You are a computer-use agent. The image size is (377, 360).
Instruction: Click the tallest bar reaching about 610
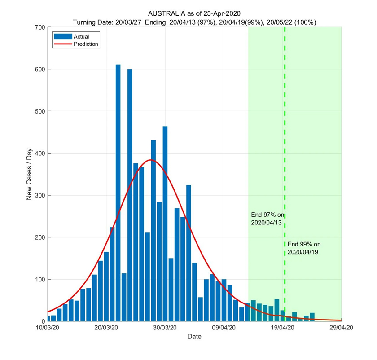click(x=118, y=193)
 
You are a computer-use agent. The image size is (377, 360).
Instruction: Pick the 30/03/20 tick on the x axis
click(x=165, y=328)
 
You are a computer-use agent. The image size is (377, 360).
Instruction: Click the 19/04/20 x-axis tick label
click(x=283, y=328)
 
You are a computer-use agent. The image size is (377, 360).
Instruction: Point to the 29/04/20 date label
click(x=342, y=328)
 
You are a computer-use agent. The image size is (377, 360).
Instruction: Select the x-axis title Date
click(x=194, y=336)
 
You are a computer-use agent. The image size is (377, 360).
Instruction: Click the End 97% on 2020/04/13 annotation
click(x=267, y=219)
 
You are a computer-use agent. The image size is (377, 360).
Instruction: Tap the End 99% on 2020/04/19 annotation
click(x=304, y=248)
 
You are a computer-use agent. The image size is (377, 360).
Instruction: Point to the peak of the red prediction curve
click(x=151, y=160)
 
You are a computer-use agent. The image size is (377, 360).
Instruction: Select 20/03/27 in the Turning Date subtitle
click(x=130, y=22)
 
